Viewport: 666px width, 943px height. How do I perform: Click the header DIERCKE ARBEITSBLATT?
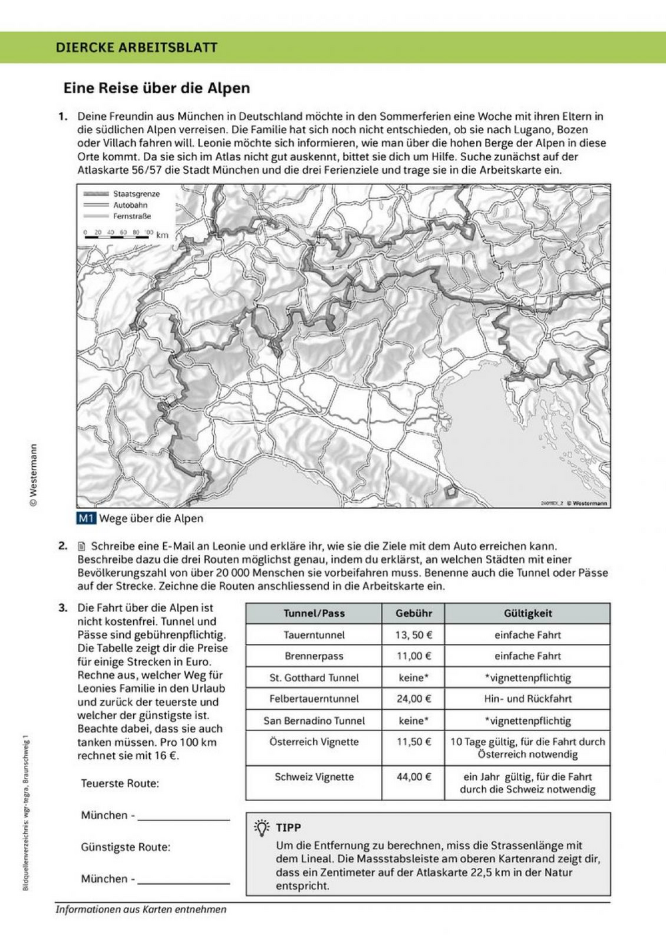pyautogui.click(x=137, y=47)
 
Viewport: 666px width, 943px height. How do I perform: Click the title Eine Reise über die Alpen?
pyautogui.click(x=156, y=88)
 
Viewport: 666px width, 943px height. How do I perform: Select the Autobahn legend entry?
pyautogui.click(x=130, y=205)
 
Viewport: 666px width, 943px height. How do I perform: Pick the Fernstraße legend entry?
pyautogui.click(x=132, y=216)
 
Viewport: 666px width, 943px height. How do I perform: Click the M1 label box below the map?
pyautogui.click(x=87, y=518)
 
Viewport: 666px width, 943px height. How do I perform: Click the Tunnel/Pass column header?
pyautogui.click(x=314, y=613)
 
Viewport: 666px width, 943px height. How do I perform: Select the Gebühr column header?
pyautogui.click(x=414, y=613)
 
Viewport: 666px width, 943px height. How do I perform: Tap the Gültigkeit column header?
pyautogui.click(x=527, y=613)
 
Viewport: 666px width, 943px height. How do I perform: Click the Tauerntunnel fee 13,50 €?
pyautogui.click(x=414, y=635)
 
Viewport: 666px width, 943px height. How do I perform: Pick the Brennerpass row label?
pyautogui.click(x=314, y=656)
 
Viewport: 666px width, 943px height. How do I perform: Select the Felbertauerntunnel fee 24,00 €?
pyautogui.click(x=414, y=699)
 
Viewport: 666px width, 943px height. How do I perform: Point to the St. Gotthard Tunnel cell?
pyautogui.click(x=314, y=677)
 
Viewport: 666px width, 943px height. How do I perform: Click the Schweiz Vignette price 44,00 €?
pyautogui.click(x=414, y=777)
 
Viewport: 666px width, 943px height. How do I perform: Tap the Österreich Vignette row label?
pyautogui.click(x=314, y=742)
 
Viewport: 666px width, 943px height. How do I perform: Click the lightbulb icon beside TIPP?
pyautogui.click(x=262, y=828)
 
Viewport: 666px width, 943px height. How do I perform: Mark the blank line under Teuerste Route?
pyautogui.click(x=183, y=818)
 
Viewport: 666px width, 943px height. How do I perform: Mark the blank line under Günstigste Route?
pyautogui.click(x=183, y=882)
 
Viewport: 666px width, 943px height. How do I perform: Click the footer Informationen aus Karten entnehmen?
pyautogui.click(x=141, y=910)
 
